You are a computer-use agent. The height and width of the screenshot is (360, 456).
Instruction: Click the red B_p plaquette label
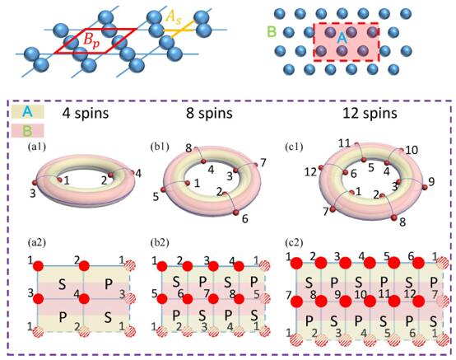tap(91, 40)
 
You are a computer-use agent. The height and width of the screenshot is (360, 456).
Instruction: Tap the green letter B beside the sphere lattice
tap(272, 32)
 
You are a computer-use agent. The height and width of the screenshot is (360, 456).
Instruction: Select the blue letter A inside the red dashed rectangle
tap(342, 38)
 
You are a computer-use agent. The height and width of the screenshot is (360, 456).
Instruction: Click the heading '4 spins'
tap(86, 113)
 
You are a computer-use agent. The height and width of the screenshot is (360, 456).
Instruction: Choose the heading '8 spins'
tap(209, 113)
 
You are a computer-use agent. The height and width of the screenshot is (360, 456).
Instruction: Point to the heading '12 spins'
tap(370, 113)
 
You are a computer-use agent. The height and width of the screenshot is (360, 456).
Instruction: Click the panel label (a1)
tap(37, 147)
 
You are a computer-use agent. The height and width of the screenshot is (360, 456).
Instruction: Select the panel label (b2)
tap(160, 243)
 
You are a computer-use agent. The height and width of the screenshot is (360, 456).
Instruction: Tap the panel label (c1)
tap(294, 147)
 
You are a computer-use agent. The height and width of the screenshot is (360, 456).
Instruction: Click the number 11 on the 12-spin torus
tap(345, 143)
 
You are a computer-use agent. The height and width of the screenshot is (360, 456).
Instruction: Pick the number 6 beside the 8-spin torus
tap(244, 219)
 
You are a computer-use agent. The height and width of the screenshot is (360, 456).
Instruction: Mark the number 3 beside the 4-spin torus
tap(33, 193)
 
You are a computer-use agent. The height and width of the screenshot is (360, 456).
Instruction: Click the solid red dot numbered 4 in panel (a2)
tap(84, 298)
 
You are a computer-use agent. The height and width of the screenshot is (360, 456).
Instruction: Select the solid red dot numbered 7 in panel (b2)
tap(213, 298)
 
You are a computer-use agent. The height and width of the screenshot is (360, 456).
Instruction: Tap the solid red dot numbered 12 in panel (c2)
tap(419, 302)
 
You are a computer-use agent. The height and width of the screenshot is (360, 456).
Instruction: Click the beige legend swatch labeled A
tap(28, 112)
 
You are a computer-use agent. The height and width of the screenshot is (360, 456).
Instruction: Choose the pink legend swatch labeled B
tap(28, 131)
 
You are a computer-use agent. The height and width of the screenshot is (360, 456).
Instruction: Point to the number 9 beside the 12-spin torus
tap(431, 181)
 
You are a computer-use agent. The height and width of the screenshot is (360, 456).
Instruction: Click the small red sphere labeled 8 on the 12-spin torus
tap(394, 217)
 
